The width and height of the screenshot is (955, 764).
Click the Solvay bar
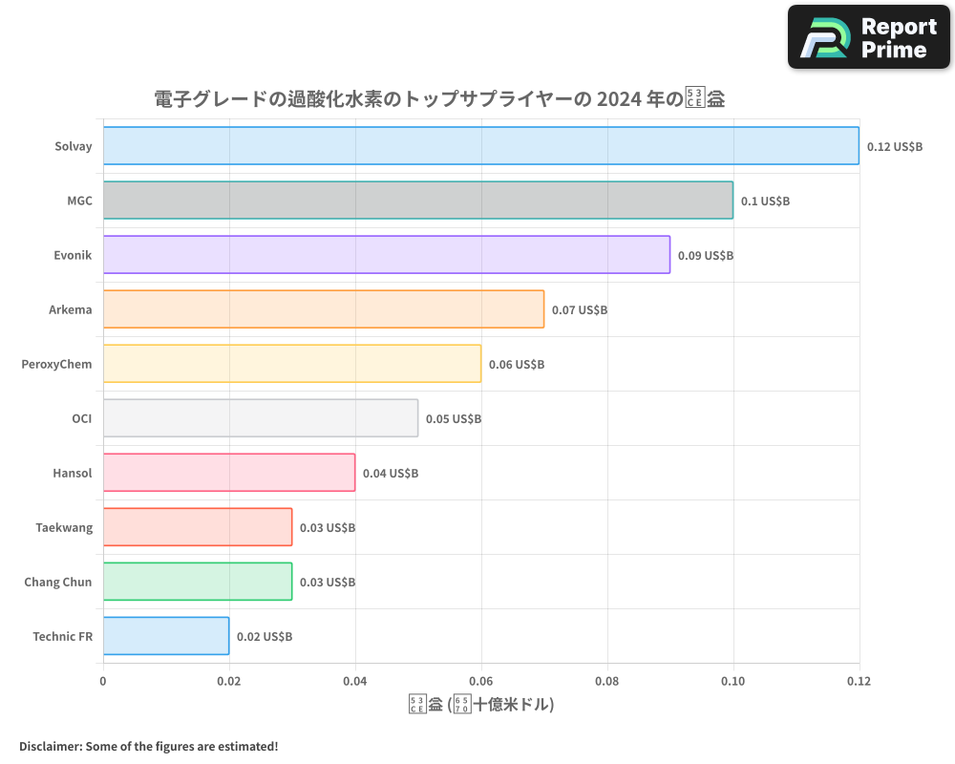[x=480, y=146]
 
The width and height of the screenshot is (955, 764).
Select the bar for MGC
[x=417, y=201]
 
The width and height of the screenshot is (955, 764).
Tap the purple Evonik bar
[x=386, y=255]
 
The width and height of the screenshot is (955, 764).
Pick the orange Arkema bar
[x=323, y=309]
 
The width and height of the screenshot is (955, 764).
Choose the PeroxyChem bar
[x=291, y=364]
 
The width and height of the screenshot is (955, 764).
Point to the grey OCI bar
[x=260, y=418]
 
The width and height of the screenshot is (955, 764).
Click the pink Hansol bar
[x=228, y=473]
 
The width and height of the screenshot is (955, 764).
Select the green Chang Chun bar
[x=197, y=582]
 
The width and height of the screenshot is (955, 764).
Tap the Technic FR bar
[x=165, y=636]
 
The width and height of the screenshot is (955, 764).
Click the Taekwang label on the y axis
[x=64, y=527]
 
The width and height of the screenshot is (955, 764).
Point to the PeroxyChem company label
[x=56, y=364]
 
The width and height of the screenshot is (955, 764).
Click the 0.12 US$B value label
[x=895, y=147]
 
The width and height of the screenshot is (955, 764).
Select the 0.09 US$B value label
[x=706, y=256]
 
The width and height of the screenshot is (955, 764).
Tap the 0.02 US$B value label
[x=265, y=637]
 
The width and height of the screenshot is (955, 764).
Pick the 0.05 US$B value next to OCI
[x=454, y=419]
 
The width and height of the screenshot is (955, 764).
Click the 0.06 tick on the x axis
[x=481, y=682]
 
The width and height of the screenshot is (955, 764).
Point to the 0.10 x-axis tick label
[x=733, y=682]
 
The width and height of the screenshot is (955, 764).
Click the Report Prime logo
[x=869, y=37]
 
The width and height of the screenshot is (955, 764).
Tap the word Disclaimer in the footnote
[x=50, y=746]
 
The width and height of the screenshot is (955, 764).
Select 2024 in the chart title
[x=624, y=98]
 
